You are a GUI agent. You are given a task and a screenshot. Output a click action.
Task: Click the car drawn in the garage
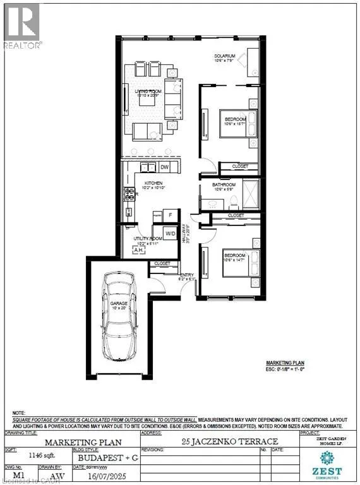[119, 320]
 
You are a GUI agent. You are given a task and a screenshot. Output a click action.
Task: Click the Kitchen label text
[143, 183]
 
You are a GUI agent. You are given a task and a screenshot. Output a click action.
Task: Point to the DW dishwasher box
[164, 167]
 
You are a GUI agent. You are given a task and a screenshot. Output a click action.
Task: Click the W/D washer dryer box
[170, 234]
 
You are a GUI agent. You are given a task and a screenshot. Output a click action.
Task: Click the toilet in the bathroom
[233, 201]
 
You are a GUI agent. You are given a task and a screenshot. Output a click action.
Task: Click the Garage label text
[119, 304]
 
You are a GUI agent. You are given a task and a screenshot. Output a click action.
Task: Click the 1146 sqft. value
[36, 453]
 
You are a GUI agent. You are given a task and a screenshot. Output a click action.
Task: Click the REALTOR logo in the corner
[22, 25]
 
